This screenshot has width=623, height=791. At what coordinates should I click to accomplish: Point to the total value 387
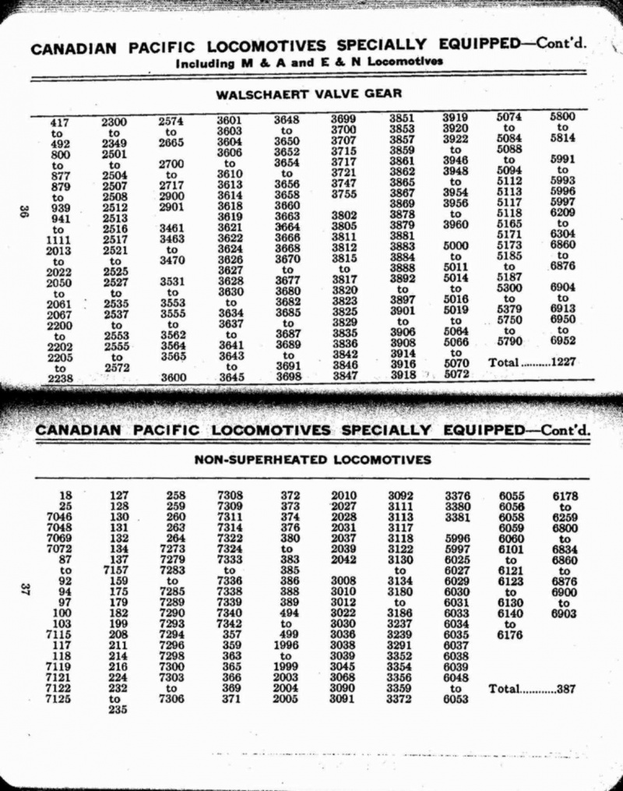point(576,690)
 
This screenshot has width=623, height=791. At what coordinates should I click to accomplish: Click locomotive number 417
point(59,122)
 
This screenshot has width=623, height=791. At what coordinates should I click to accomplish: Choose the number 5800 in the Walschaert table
point(563,117)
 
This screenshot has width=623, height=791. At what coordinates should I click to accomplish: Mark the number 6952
point(563,341)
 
